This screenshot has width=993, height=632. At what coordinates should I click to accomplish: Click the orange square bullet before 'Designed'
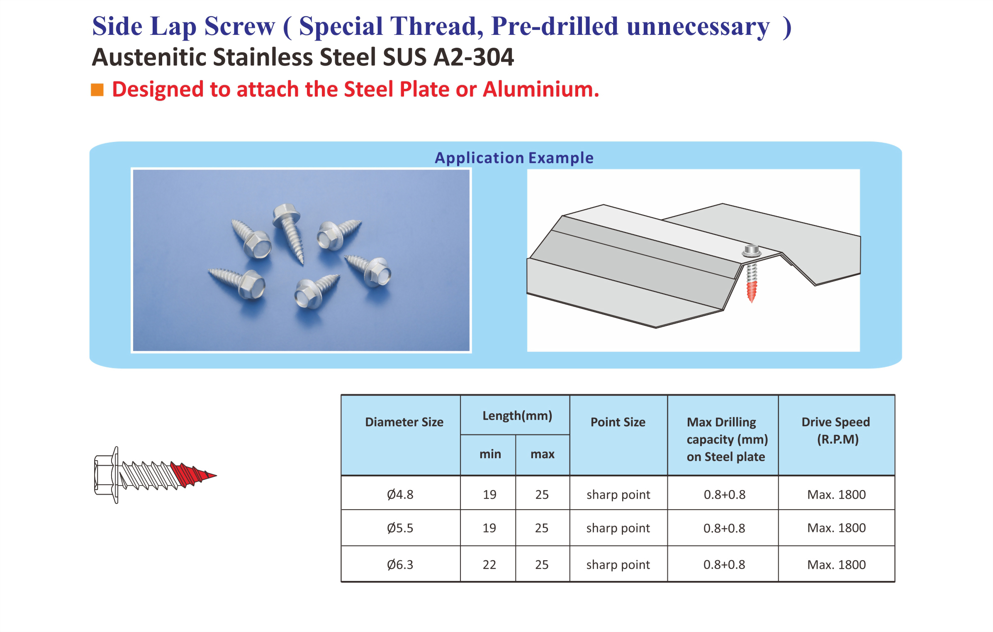(97, 90)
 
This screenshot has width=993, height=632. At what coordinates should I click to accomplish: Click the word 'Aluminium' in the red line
(540, 89)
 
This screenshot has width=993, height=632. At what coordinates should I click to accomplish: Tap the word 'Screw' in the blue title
(239, 26)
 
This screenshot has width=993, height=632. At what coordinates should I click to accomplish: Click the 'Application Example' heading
(514, 158)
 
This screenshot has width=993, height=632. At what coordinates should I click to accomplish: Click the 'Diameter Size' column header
(404, 422)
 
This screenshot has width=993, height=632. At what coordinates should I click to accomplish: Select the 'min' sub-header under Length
(490, 454)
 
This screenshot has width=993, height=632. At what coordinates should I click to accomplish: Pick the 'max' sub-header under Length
(542, 454)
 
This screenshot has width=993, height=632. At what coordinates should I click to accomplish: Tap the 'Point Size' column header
(618, 422)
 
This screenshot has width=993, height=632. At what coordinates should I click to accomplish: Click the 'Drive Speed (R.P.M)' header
(836, 430)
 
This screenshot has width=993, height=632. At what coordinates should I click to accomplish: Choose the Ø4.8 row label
(400, 494)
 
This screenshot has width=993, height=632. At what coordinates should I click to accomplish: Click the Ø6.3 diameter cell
(400, 564)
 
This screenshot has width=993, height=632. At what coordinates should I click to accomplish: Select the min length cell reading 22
(489, 564)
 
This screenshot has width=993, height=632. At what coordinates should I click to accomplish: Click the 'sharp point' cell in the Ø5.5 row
(618, 528)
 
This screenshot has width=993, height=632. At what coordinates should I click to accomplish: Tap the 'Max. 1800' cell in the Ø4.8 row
(836, 494)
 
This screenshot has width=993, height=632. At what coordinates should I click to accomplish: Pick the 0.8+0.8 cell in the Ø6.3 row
(724, 564)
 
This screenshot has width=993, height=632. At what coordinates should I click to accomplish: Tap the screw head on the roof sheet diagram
(751, 251)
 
